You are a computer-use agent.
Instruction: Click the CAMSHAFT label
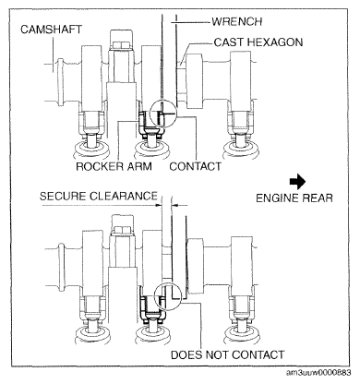(52, 30)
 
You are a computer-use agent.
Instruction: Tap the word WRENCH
(237, 21)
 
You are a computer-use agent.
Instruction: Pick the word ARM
(139, 166)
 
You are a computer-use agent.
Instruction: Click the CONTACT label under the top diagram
(195, 166)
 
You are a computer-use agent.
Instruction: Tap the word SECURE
(63, 196)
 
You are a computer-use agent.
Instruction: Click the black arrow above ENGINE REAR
(297, 182)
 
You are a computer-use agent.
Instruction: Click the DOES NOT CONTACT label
(227, 354)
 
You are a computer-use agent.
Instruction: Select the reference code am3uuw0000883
(318, 373)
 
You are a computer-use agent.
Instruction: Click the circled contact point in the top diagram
(163, 114)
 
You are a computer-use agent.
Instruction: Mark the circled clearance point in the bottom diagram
(169, 297)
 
